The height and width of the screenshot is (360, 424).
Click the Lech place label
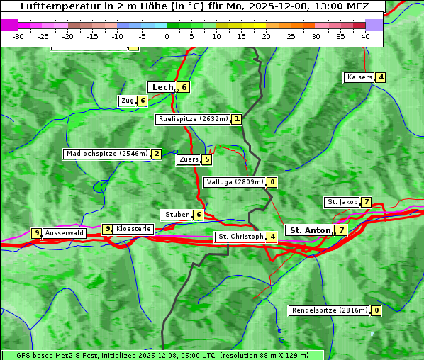coord(162,87)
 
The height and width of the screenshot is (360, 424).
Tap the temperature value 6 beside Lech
coord(184,87)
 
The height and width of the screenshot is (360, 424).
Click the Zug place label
coord(128,101)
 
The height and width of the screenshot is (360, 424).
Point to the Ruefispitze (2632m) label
coord(194,119)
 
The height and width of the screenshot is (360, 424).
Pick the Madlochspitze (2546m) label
coord(107,154)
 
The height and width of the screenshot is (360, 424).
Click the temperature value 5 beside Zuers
coord(206,159)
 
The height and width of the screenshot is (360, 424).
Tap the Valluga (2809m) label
coord(235,182)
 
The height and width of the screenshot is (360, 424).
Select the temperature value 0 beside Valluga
coord(272,182)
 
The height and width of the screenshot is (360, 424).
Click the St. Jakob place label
coord(342,202)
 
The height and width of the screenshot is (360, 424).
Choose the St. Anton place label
coord(311,230)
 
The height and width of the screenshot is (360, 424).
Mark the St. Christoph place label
coord(240,237)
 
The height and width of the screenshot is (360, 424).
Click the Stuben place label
coord(177,215)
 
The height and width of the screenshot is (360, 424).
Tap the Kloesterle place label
coord(133,229)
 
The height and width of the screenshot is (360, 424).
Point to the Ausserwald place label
coord(65,233)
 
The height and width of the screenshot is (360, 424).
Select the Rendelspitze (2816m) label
coord(330,310)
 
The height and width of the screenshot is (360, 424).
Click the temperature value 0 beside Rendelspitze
coord(376,310)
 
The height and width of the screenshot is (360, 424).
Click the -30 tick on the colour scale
coord(18,35)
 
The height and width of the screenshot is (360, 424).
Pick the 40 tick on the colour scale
coord(365,35)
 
